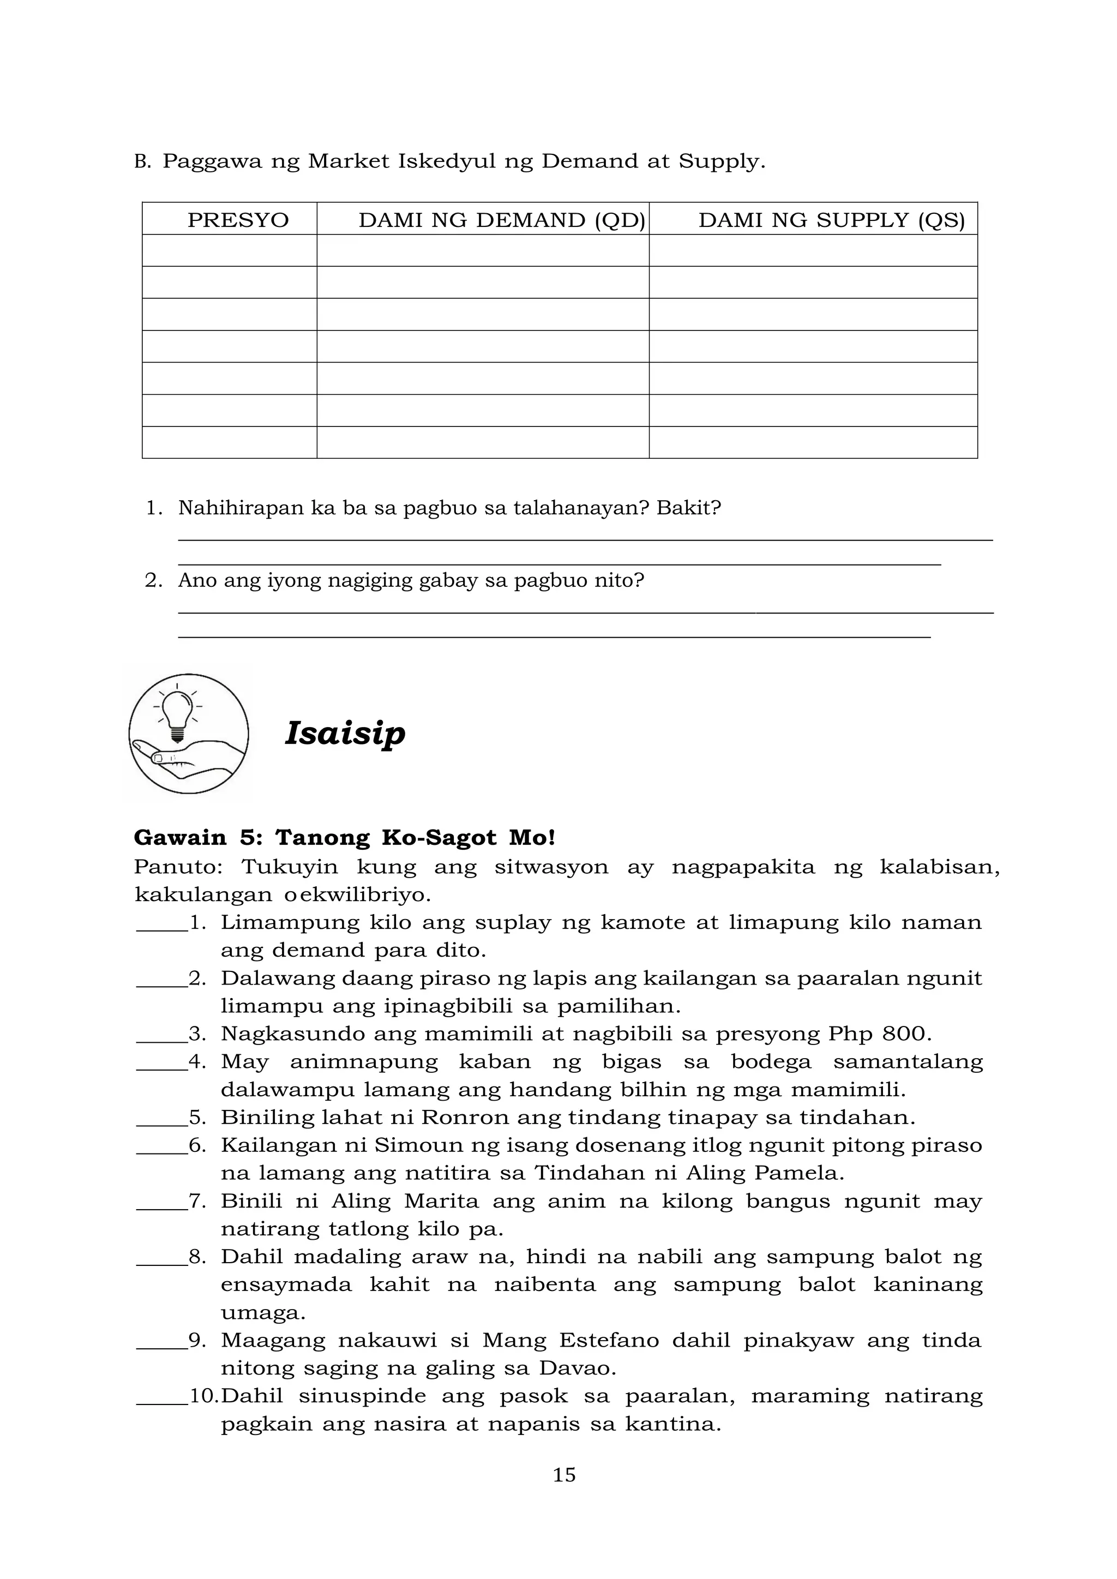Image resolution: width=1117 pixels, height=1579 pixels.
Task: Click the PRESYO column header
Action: [238, 220]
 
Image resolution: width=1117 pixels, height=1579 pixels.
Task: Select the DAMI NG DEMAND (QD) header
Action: [501, 220]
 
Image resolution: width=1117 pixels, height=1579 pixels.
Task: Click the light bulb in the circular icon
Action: [177, 713]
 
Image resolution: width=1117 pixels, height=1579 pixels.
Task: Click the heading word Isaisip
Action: [345, 733]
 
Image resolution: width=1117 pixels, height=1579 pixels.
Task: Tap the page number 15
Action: [564, 1474]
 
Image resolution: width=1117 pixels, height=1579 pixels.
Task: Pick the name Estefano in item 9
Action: [608, 1340]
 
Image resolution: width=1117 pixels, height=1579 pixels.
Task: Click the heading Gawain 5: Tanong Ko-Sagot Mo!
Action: [344, 838]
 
